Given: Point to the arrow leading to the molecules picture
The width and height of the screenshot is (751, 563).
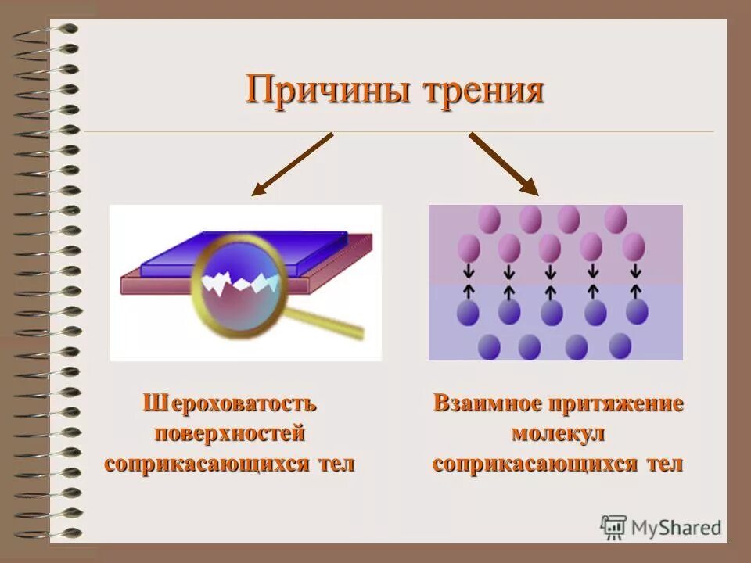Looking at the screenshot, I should click(x=504, y=163).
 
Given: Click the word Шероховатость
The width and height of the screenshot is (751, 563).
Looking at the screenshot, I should click(x=230, y=403).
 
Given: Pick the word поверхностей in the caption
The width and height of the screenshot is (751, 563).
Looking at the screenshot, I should click(x=230, y=433).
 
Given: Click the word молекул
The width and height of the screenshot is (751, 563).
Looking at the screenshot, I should click(x=558, y=433).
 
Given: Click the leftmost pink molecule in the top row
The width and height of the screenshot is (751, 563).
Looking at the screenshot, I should click(x=490, y=218).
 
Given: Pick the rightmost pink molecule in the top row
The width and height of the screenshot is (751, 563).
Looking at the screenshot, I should click(x=616, y=218).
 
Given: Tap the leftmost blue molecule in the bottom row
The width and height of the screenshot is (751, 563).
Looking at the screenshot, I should click(x=489, y=346).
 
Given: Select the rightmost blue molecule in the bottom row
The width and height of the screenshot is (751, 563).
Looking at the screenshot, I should click(x=620, y=345).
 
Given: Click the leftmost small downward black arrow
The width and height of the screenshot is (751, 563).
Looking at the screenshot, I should click(x=469, y=272).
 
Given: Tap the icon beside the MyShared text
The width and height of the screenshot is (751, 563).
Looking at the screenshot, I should click(x=613, y=528).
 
